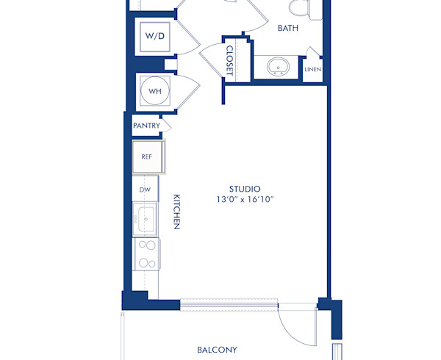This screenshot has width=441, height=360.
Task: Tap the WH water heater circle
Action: click(155, 91)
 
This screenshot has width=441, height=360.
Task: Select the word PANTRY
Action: click(146, 126)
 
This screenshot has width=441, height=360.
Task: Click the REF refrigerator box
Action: click(147, 156)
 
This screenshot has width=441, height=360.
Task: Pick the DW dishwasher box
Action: click(145, 190)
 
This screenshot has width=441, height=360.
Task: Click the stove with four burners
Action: click(146, 253)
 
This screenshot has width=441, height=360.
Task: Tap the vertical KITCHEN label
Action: click(177, 212)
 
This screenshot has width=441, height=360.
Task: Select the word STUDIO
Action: click(245, 189)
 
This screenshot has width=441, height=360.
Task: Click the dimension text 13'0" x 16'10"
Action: click(245, 200)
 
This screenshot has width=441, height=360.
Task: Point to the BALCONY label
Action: click(217, 350)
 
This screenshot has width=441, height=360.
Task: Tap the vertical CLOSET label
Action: click(229, 60)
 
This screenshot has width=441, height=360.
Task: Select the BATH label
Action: click(287, 29)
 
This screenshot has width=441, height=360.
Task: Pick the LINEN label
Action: click(312, 70)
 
